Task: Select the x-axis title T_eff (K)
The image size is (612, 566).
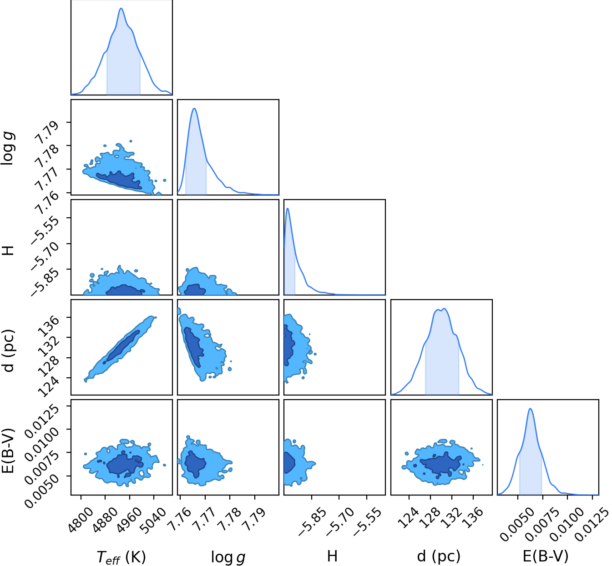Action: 121,556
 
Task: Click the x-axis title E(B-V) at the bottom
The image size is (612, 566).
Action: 546,556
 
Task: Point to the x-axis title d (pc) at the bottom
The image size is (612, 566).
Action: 439,556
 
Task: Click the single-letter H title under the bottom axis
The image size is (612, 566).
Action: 332,556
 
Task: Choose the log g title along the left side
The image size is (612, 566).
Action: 7,148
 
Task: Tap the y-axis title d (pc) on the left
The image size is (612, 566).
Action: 8,351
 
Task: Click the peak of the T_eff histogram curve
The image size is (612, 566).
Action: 121,8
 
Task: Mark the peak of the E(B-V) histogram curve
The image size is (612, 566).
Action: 531,409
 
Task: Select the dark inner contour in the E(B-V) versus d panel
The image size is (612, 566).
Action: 440,466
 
